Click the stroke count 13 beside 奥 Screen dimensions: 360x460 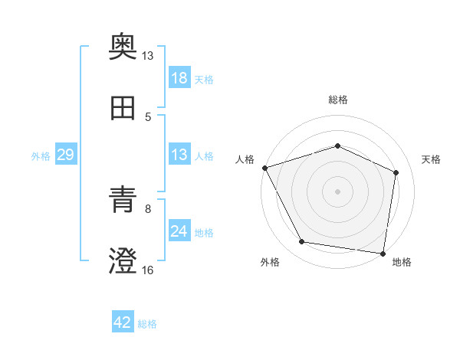[x=148, y=56]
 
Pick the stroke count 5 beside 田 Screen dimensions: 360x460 [x=148, y=117]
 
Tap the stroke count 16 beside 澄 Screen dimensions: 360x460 [x=148, y=270]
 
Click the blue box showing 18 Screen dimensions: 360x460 [x=179, y=78]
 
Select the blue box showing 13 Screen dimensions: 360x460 [x=179, y=155]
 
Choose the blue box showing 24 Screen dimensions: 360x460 [x=179, y=231]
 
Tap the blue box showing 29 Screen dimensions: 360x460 [x=65, y=155]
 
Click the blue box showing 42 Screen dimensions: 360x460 [x=122, y=322]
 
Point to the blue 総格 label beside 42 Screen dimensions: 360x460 [x=147, y=324]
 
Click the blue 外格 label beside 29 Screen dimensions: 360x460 [x=41, y=156]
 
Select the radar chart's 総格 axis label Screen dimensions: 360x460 [x=338, y=100]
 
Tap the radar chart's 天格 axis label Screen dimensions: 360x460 [x=432, y=159]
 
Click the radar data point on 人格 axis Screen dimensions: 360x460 [x=264, y=168]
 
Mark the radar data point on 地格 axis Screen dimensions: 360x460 [x=383, y=253]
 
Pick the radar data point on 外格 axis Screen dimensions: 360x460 [x=302, y=242]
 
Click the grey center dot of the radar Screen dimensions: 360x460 [x=338, y=191]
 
